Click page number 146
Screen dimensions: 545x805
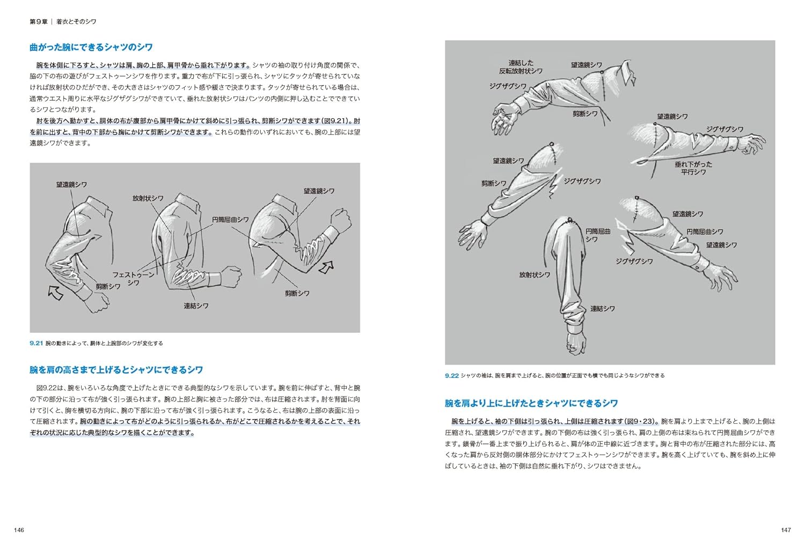point(19,530)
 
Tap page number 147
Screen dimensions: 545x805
point(786,530)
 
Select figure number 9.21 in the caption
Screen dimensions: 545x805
point(36,343)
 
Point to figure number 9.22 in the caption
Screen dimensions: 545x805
point(451,375)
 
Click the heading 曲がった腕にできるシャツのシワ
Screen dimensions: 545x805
point(91,47)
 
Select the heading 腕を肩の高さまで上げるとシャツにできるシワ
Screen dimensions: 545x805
point(116,369)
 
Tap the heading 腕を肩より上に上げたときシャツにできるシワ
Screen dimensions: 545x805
point(531,403)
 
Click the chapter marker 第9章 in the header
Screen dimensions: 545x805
point(38,21)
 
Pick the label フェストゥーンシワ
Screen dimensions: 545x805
point(133,278)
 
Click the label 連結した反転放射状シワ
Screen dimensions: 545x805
point(521,67)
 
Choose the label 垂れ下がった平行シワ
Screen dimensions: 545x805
point(693,168)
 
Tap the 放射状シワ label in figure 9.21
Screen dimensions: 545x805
point(148,198)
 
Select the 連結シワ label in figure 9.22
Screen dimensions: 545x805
point(602,309)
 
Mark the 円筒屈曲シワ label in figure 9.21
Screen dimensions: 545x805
point(230,220)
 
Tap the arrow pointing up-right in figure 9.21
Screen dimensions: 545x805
point(326,267)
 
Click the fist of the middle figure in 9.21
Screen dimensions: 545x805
point(231,277)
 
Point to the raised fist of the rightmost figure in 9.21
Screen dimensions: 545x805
point(341,220)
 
